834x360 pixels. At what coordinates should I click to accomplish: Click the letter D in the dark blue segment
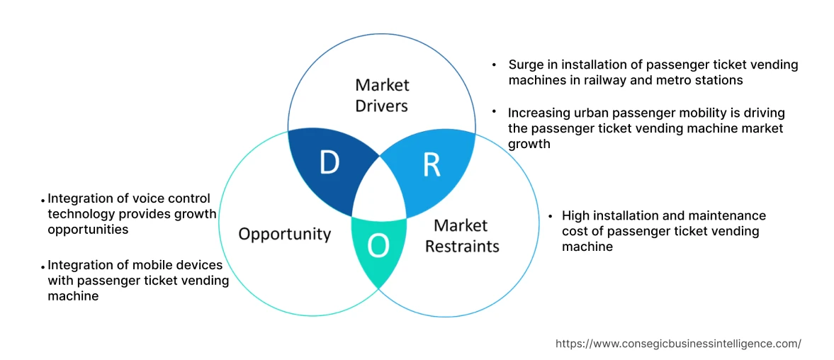point(329,163)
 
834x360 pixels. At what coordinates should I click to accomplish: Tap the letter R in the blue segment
point(432,164)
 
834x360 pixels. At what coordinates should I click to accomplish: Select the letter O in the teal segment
point(378,246)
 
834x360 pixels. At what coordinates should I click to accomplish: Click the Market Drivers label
point(382,95)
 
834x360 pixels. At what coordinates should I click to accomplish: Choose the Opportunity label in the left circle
point(284,234)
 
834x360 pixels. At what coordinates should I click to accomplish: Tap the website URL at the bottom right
point(678,343)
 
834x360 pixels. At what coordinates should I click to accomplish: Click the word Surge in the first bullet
point(526,64)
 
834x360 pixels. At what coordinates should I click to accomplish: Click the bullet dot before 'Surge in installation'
point(494,64)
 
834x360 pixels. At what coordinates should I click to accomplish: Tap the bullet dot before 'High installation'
point(550,215)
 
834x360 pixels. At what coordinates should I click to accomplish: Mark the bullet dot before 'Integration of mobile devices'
point(43,266)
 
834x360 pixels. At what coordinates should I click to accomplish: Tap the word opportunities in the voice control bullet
point(88,230)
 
